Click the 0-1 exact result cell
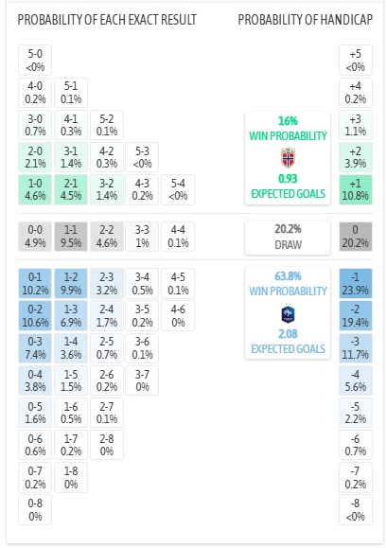[35, 283]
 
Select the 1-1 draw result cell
[71, 237]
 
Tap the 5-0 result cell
[35, 60]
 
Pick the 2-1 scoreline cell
[71, 190]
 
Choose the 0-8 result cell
[35, 509]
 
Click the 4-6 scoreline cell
[178, 315]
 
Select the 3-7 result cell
[142, 380]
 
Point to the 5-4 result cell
[178, 190]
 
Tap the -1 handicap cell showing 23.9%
[356, 283]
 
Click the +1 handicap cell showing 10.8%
[356, 190]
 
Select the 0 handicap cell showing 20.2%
[356, 237]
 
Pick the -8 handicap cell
[356, 509]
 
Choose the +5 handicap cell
[356, 60]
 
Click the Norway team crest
[288, 158]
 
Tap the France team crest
[288, 313]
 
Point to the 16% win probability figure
[288, 121]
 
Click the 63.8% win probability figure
[288, 276]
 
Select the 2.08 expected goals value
[288, 334]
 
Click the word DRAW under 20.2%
[288, 244]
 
